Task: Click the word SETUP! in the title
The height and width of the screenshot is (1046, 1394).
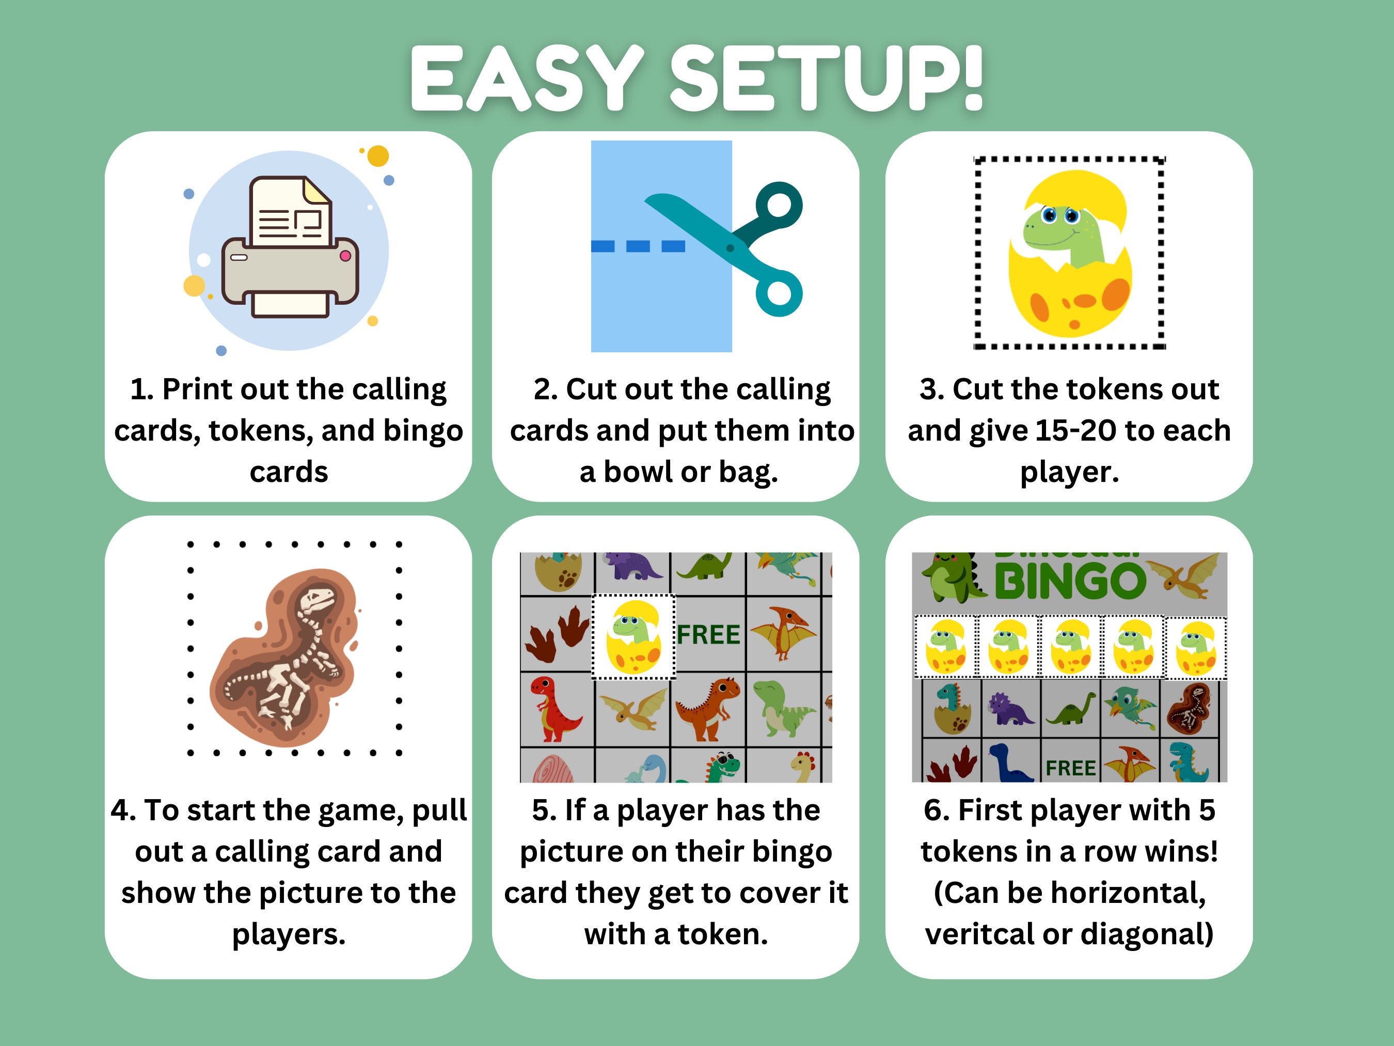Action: (826, 79)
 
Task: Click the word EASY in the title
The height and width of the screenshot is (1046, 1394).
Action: (526, 79)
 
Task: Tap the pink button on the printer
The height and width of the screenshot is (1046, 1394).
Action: (345, 255)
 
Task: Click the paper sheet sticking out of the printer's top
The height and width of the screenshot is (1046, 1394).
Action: (290, 214)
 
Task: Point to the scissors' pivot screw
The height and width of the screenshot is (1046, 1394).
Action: (731, 248)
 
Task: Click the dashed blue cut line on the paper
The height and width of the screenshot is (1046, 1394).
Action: (638, 246)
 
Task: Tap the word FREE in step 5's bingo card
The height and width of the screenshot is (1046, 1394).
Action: (708, 635)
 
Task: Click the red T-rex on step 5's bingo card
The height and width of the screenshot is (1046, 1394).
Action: (552, 708)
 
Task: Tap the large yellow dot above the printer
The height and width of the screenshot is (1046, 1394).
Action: (378, 155)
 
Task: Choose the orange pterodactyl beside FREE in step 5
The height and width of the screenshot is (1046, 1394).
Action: (783, 632)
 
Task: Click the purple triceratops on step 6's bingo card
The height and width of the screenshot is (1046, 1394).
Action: (1009, 709)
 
